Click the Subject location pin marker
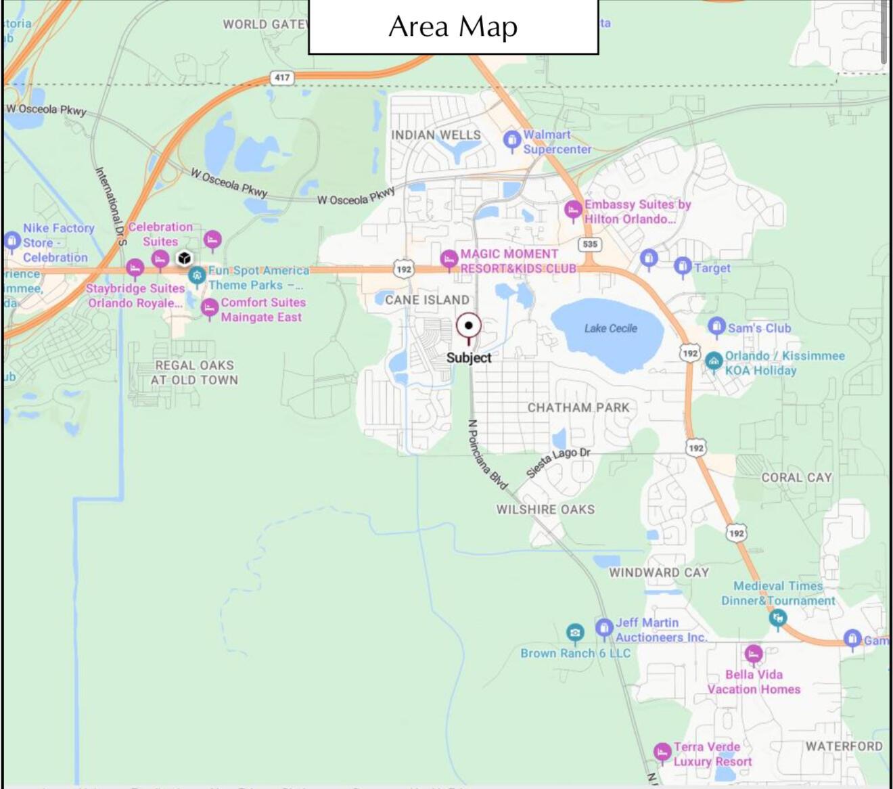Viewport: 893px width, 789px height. [468, 327]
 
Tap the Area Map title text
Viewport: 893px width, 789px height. [453, 27]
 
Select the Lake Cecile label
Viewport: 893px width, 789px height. [610, 328]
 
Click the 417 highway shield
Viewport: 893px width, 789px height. [282, 77]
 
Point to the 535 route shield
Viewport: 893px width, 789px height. [590, 244]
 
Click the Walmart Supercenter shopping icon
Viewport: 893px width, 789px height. [511, 141]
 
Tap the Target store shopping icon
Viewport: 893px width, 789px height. [682, 266]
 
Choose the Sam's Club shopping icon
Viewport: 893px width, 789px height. [716, 327]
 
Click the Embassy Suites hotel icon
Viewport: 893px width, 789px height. [573, 210]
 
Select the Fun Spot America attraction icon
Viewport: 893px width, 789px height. [197, 275]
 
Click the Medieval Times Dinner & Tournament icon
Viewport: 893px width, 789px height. [778, 617]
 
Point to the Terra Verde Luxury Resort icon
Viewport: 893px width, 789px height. [662, 752]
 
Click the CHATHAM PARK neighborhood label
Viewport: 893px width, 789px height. [578, 407]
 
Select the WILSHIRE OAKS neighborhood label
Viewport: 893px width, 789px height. [545, 510]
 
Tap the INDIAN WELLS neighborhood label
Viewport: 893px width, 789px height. [436, 135]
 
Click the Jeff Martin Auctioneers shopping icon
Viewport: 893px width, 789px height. [603, 628]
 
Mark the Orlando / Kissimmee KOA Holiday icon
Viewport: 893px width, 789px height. [713, 361]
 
